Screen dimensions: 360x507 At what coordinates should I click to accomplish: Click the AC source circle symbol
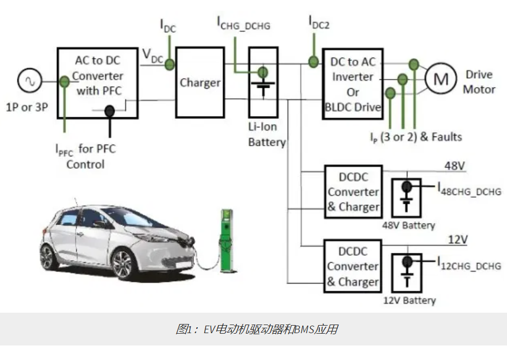click(x=27, y=82)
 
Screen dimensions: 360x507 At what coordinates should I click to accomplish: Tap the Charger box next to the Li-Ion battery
click(x=200, y=83)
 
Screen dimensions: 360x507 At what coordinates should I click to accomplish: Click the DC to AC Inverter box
click(x=352, y=85)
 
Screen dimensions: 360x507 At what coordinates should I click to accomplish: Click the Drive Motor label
click(x=479, y=82)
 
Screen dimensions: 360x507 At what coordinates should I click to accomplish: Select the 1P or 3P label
click(x=27, y=106)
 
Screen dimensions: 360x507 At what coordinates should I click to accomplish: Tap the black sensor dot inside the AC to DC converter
click(x=109, y=111)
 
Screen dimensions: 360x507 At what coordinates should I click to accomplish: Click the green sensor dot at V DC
click(x=169, y=64)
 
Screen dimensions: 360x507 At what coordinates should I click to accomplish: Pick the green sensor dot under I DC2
click(x=312, y=62)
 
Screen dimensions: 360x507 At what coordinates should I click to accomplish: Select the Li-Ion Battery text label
click(x=267, y=136)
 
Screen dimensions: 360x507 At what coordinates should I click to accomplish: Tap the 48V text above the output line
click(x=454, y=165)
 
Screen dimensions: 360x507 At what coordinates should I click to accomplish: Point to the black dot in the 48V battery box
click(x=408, y=187)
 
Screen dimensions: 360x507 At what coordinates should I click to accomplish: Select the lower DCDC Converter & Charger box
click(x=353, y=266)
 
